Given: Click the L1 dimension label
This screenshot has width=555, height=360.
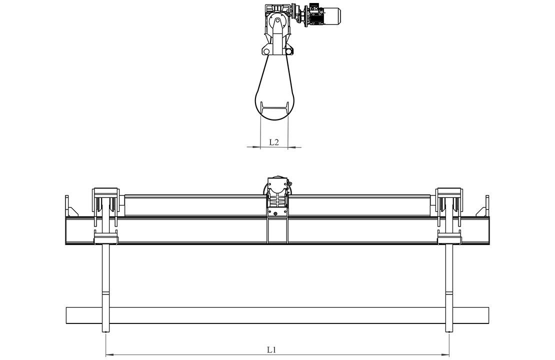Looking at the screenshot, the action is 271,349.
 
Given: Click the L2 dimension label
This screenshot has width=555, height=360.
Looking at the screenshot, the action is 274,142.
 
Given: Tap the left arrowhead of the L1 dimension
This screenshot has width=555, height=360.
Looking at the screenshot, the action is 110,353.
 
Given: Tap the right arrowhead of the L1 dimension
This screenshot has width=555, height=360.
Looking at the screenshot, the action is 445,353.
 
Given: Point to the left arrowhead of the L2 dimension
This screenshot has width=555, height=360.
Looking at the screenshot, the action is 256,146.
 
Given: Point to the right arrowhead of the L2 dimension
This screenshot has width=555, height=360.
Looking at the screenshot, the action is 292,146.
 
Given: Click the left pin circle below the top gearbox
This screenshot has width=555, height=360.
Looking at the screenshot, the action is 264,51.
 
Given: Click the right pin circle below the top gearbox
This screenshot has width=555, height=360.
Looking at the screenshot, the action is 289,51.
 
